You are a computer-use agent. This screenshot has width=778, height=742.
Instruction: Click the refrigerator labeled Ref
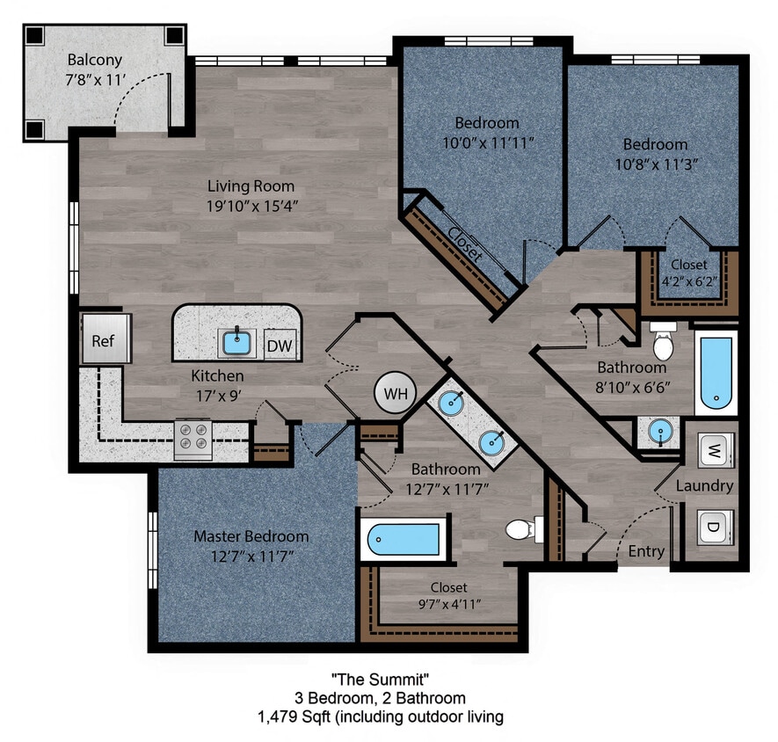tap(105, 338)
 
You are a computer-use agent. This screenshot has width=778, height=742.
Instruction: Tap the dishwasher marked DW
tap(280, 346)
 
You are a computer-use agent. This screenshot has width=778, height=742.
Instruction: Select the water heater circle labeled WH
tap(396, 394)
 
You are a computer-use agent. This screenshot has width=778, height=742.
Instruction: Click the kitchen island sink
tap(236, 341)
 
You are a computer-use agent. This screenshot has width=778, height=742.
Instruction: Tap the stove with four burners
tap(193, 437)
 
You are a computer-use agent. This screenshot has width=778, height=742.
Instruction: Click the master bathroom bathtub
tap(404, 539)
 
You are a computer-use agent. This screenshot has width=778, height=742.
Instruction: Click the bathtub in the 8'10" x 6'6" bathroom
tap(716, 373)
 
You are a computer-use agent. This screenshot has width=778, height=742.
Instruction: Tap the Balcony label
tap(94, 61)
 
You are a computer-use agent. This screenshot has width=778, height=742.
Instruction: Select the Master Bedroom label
tap(251, 536)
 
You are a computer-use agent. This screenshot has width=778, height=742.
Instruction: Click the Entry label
tap(646, 551)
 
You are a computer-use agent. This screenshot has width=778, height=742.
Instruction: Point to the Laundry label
tap(704, 485)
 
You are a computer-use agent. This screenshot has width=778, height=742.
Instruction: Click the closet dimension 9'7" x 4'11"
tap(448, 604)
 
